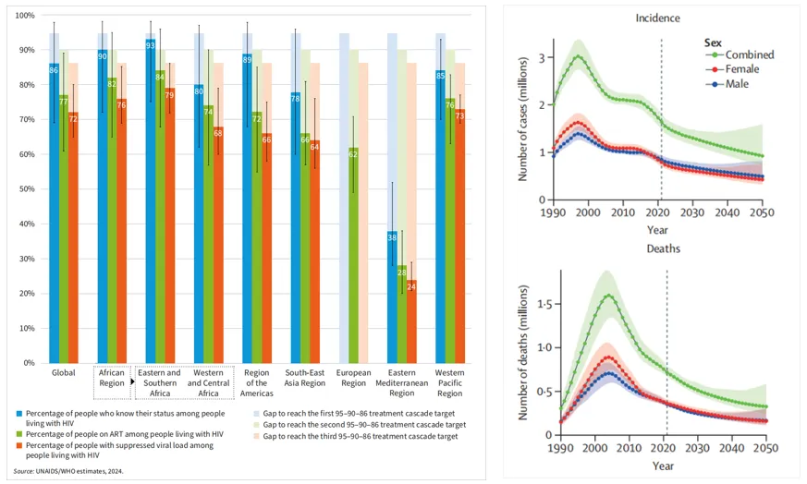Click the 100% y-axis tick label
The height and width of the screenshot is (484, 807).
coord(24,16)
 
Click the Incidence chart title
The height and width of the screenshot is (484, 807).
coord(658,18)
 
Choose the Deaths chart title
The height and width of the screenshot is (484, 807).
coord(658,248)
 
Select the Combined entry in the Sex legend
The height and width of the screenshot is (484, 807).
coord(750,54)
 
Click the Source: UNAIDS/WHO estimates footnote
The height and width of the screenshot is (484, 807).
coord(68,470)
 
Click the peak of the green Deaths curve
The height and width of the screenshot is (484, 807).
coord(608,296)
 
